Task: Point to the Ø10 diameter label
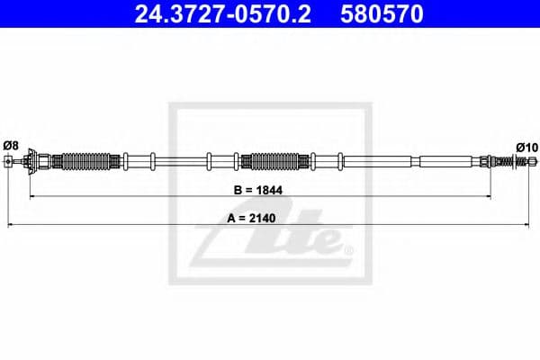526,146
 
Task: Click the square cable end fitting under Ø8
9,162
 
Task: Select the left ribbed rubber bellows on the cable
82,162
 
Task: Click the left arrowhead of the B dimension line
33,195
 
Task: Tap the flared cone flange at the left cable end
32,162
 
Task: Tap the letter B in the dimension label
237,192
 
